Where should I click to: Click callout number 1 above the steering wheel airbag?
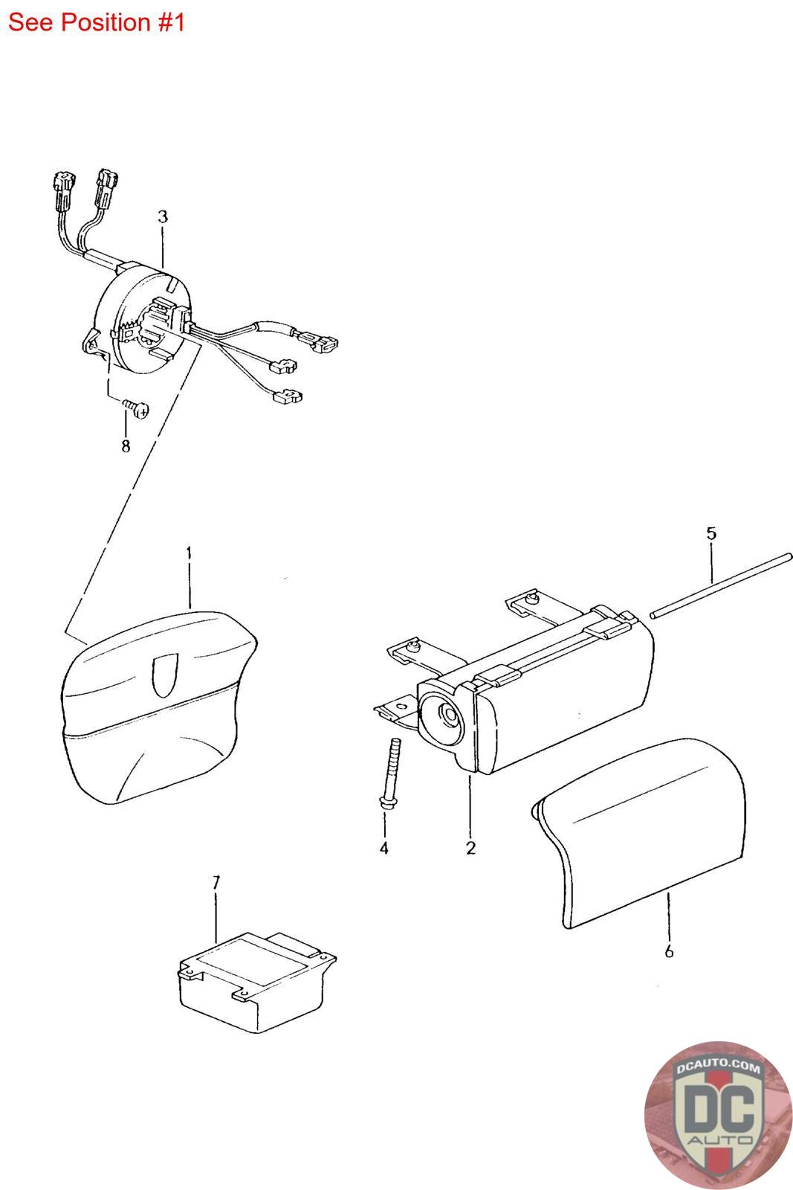pos(189,554)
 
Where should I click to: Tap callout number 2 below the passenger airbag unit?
pos(470,848)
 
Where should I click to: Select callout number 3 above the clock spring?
pos(163,216)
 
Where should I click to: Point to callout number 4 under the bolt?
pos(383,848)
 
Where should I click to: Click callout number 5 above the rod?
pos(711,533)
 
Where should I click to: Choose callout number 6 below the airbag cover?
pos(669,951)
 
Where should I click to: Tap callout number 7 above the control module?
pos(216,883)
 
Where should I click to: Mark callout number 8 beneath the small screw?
pos(126,446)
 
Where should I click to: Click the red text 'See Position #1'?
pos(97,23)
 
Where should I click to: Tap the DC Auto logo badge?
pos(718,1115)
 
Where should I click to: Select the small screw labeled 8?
pos(137,408)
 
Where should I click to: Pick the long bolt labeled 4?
pos(390,773)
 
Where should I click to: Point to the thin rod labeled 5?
pos(722,585)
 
